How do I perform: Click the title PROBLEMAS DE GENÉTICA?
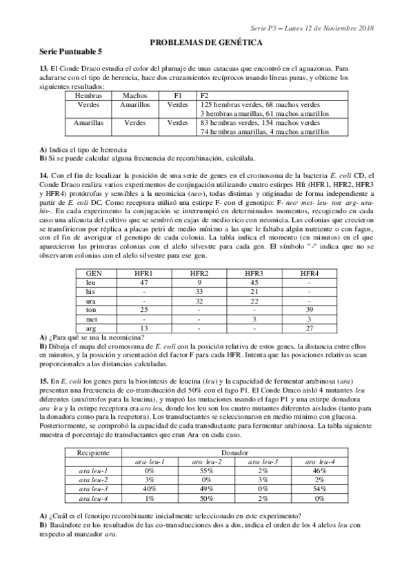pos(206,42)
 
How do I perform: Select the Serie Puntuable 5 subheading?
pos(71,52)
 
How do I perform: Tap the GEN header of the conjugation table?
pos(94,274)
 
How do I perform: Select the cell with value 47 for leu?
pos(144,283)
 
